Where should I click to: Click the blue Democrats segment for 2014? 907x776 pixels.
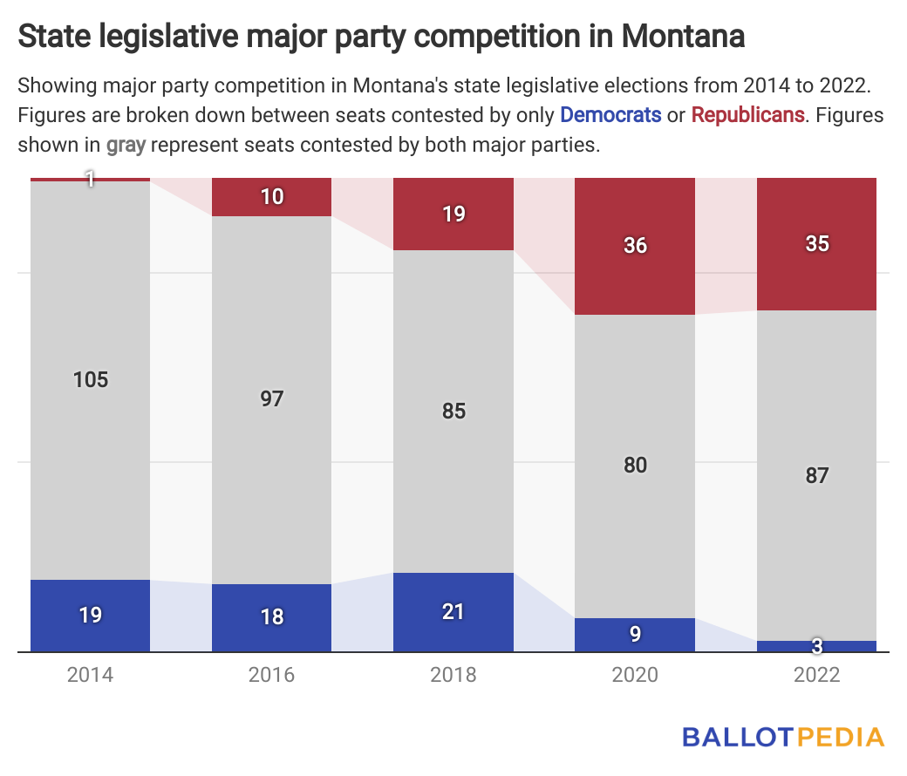91,616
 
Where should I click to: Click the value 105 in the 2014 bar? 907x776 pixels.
91,380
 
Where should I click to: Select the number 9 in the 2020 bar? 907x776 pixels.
635,635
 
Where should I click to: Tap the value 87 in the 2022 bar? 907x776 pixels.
816,476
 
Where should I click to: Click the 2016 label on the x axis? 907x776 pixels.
272,675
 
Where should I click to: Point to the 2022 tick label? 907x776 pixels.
816,675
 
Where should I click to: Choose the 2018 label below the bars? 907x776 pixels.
453,675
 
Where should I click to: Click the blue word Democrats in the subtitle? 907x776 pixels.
610,114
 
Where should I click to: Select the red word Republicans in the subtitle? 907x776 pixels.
747,114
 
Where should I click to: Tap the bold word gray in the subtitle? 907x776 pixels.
126,145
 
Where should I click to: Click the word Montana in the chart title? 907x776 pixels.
684,37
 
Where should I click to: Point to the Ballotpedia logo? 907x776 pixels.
782,737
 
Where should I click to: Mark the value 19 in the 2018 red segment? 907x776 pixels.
453,214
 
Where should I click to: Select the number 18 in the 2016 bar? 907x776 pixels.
272,616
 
